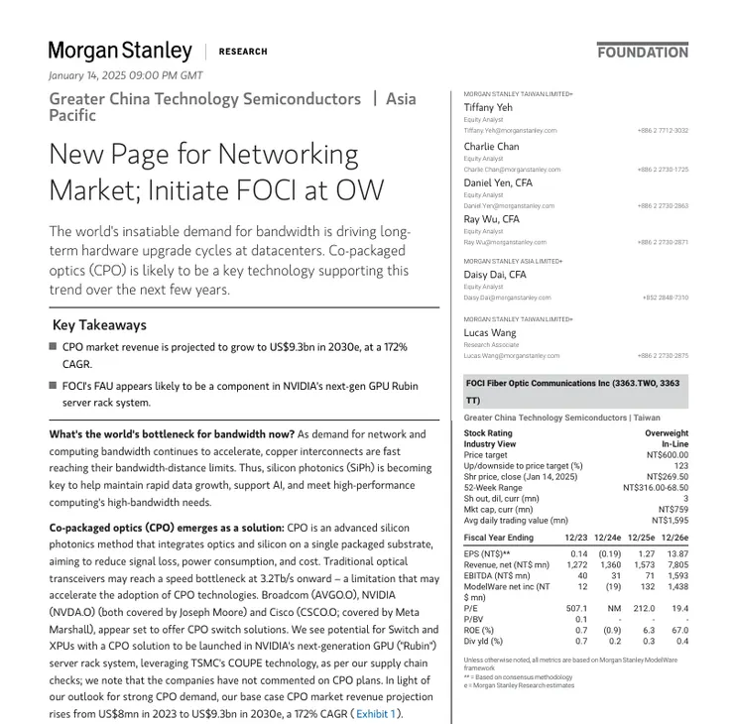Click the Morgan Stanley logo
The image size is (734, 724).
click(x=120, y=52)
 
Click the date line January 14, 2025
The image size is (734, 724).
click(x=126, y=75)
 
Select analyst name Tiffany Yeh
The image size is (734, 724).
click(x=488, y=108)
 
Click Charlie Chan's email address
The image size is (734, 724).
click(x=512, y=170)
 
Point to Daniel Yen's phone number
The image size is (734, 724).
click(x=664, y=206)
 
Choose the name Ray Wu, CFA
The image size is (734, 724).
click(x=491, y=219)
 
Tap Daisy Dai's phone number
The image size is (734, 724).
click(x=665, y=298)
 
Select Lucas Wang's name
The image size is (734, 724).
click(x=490, y=333)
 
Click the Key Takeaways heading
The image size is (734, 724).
click(x=99, y=325)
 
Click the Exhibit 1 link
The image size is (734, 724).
click(x=376, y=713)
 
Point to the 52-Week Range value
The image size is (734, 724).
click(x=656, y=488)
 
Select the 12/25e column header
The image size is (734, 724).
click(x=641, y=538)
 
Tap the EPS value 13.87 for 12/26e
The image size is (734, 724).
click(x=677, y=554)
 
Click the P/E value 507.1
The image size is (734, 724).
click(x=576, y=608)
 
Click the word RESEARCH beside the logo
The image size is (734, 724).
click(x=243, y=52)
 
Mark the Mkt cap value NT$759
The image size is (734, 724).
click(x=673, y=510)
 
